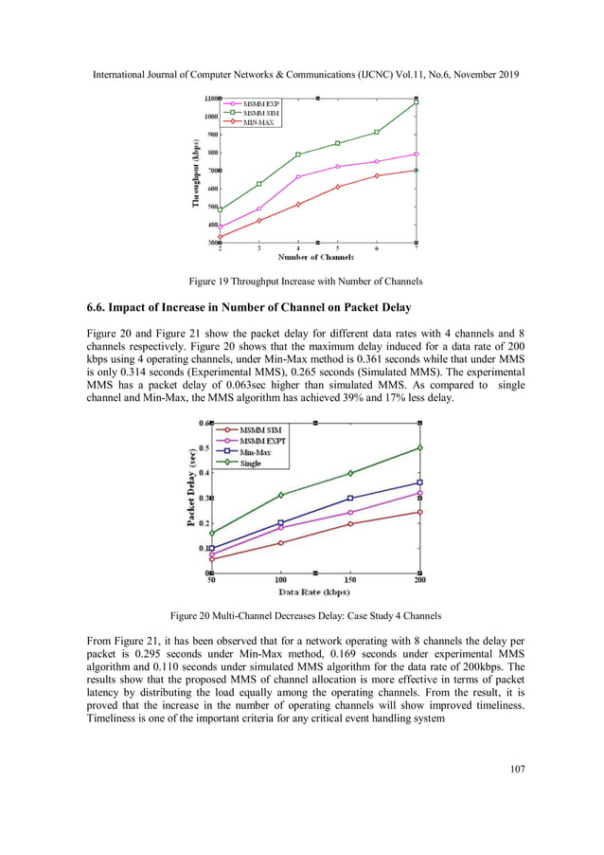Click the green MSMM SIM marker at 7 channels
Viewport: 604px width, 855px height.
click(417, 102)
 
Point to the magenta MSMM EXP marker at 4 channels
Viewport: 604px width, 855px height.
click(298, 176)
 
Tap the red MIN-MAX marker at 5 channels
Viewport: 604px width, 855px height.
click(338, 187)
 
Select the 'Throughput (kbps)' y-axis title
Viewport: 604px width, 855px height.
click(196, 174)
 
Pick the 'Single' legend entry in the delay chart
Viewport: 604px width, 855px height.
click(250, 464)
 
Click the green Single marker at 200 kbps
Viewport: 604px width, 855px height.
click(419, 447)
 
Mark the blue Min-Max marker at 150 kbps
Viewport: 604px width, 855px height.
click(350, 499)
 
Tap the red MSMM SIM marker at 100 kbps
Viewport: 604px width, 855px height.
click(281, 542)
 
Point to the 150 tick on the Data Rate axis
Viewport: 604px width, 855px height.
click(350, 579)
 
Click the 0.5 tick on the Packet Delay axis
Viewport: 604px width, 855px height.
click(204, 447)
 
